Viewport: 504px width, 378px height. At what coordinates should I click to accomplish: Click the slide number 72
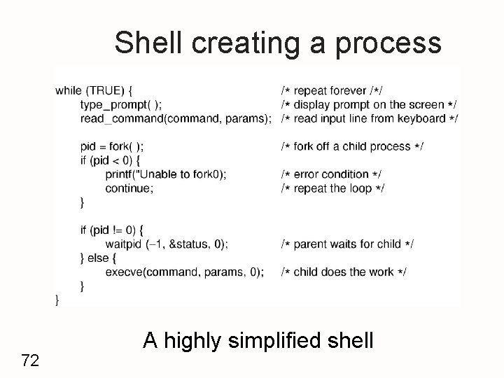pyautogui.click(x=29, y=360)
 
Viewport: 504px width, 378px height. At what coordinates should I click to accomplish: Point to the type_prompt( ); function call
pyautogui.click(x=121, y=104)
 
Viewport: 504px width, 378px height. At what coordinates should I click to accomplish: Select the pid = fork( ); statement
pyautogui.click(x=112, y=146)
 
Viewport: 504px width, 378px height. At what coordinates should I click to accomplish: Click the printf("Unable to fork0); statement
pyautogui.click(x=166, y=174)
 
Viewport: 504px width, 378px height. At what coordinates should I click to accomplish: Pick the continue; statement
pyautogui.click(x=129, y=188)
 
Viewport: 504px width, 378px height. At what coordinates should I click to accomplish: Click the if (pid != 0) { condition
pyautogui.click(x=113, y=230)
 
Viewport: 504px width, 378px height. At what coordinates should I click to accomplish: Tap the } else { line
pyautogui.click(x=99, y=258)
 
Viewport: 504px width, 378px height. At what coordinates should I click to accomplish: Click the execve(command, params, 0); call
pyautogui.click(x=185, y=272)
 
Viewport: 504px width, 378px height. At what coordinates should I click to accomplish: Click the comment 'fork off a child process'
pyautogui.click(x=351, y=146)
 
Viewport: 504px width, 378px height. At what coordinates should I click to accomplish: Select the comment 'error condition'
pyautogui.click(x=331, y=174)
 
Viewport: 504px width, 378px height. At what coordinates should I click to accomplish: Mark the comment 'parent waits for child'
pyautogui.click(x=346, y=244)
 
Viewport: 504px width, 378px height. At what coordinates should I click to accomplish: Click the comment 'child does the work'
pyautogui.click(x=343, y=272)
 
